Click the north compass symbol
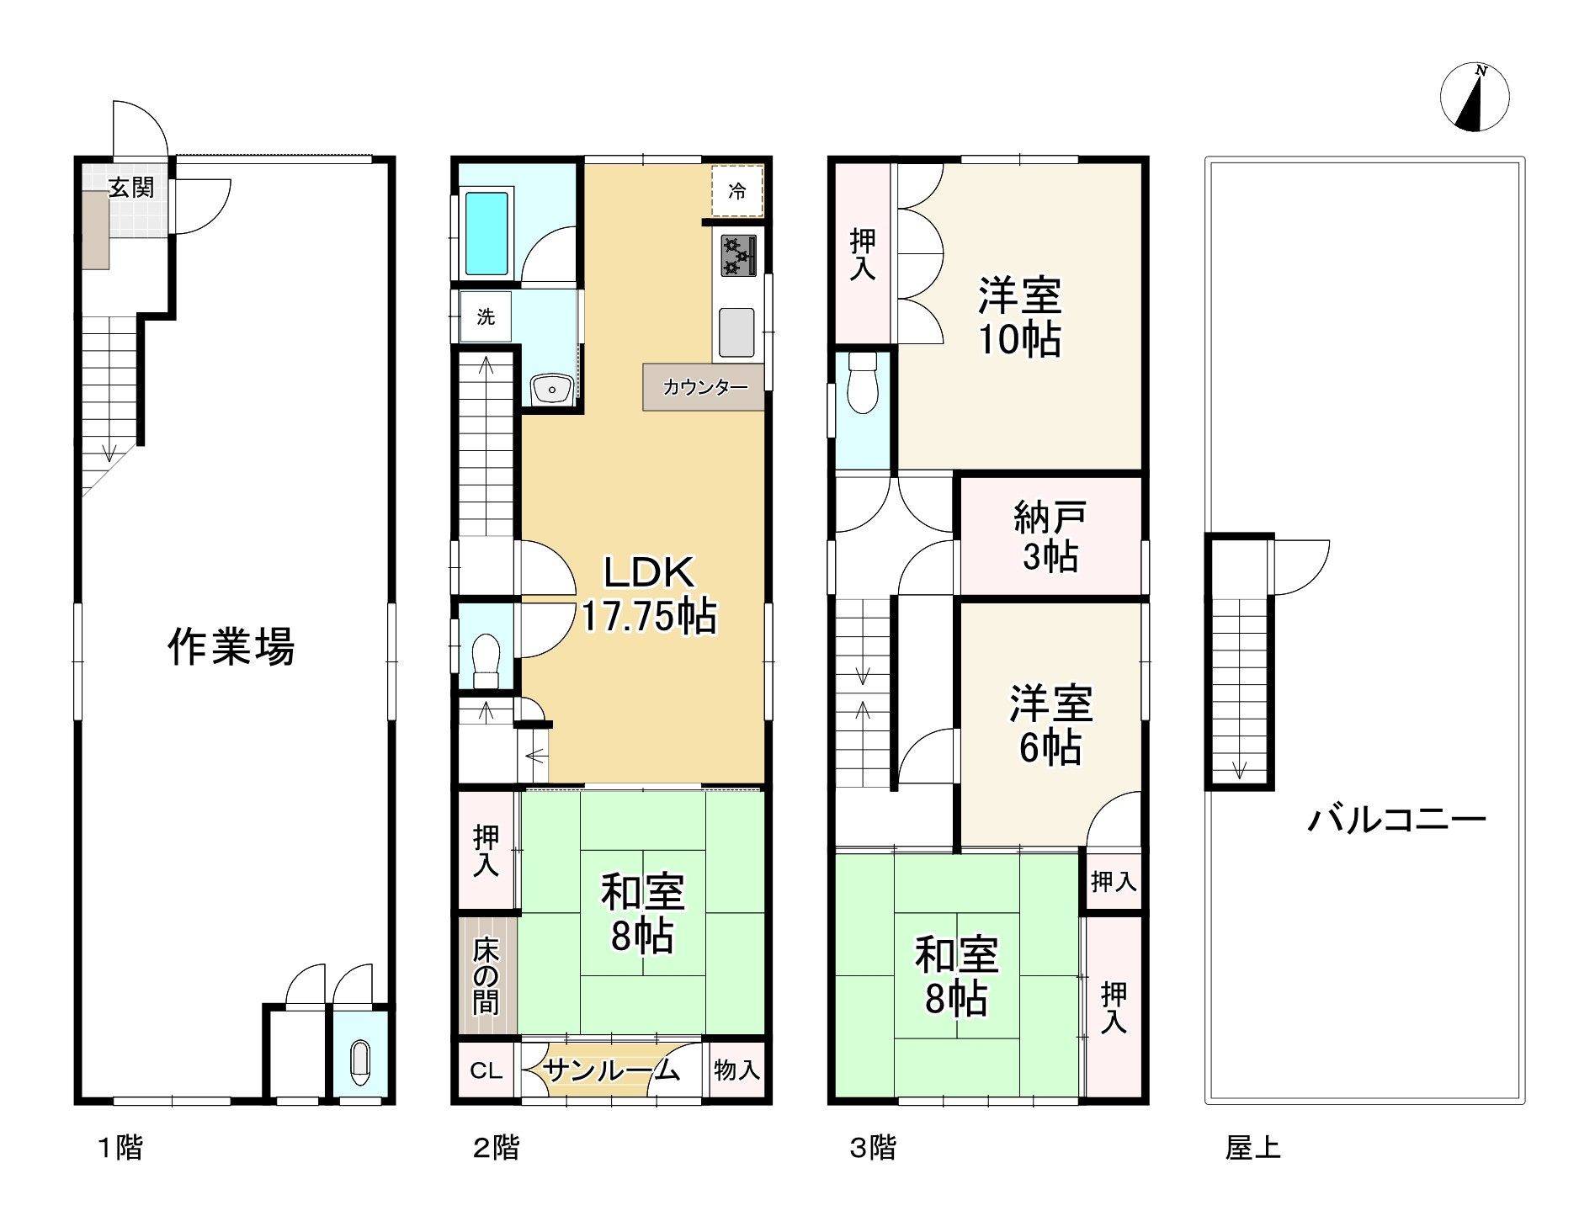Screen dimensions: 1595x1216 (x=1474, y=98)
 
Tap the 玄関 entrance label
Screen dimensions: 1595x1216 (x=132, y=187)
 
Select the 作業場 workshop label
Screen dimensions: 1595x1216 (x=231, y=647)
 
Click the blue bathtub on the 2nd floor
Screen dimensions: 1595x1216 (x=487, y=234)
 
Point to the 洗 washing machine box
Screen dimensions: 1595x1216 (x=486, y=316)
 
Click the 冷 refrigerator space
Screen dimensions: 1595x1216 (x=737, y=191)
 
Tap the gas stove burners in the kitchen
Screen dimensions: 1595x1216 (x=738, y=256)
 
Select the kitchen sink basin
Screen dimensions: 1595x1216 (x=736, y=332)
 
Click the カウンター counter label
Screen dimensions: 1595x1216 (x=705, y=388)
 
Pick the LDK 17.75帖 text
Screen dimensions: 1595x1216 (x=649, y=594)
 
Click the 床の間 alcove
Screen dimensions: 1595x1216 (x=486, y=976)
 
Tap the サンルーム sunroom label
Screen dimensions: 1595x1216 (x=611, y=1070)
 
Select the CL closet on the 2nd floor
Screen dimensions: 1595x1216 (x=486, y=1070)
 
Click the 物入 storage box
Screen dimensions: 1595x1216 (x=736, y=1070)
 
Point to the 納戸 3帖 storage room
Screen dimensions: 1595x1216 (x=1050, y=537)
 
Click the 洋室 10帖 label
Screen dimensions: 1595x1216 (x=1019, y=317)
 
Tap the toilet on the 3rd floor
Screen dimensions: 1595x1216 (x=863, y=383)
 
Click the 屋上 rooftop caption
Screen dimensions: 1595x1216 (x=1252, y=1148)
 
